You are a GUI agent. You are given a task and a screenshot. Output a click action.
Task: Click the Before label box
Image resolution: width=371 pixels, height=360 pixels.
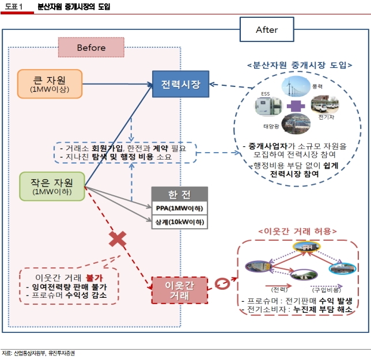pyautogui.click(x=92, y=47)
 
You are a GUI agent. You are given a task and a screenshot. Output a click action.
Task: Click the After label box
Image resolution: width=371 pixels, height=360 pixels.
pyautogui.click(x=267, y=29)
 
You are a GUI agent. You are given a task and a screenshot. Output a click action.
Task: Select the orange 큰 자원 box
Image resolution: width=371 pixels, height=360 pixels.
pyautogui.click(x=50, y=84)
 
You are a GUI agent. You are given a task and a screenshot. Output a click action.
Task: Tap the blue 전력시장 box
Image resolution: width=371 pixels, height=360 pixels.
pyautogui.click(x=180, y=84)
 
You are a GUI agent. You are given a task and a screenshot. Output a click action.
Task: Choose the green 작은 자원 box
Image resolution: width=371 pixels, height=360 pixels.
pyautogui.click(x=52, y=187)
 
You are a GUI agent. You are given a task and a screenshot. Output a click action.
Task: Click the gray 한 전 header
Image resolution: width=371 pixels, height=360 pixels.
pyautogui.click(x=180, y=194)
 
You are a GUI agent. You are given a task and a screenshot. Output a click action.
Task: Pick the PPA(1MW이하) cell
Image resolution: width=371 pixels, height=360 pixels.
pyautogui.click(x=180, y=209)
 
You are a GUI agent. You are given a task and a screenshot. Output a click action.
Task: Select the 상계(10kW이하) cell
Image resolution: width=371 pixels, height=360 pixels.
pyautogui.click(x=180, y=222)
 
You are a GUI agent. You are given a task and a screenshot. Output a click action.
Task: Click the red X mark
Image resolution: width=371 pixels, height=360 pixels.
pyautogui.click(x=118, y=239)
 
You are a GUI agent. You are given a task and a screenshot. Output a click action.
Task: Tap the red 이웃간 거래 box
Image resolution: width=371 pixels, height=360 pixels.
pyautogui.click(x=180, y=290)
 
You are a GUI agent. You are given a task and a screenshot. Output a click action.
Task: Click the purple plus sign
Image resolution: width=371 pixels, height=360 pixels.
pyautogui.click(x=296, y=106)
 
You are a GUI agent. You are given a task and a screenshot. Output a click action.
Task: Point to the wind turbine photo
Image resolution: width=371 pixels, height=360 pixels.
pyautogui.click(x=296, y=86)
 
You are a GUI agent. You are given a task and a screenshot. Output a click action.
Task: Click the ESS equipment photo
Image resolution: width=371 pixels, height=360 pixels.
pyautogui.click(x=268, y=107)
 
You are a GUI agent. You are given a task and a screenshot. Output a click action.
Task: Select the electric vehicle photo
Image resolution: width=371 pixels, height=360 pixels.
pyautogui.click(x=325, y=104)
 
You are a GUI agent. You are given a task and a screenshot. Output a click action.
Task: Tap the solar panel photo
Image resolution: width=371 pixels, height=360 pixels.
pyautogui.click(x=296, y=124)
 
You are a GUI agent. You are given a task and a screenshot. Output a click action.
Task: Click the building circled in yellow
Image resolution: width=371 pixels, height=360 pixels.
pyautogui.click(x=306, y=247)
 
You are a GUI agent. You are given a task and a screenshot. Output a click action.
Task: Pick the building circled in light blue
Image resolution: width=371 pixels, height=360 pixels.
pyautogui.click(x=342, y=268)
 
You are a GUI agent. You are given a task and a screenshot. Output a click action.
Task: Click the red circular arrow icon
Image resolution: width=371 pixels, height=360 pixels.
pyautogui.click(x=222, y=283)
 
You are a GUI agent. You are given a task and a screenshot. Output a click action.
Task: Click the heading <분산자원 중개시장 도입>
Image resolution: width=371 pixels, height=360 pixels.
pyautogui.click(x=300, y=65)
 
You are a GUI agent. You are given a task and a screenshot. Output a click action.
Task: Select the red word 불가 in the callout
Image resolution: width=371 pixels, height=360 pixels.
pyautogui.click(x=94, y=278)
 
